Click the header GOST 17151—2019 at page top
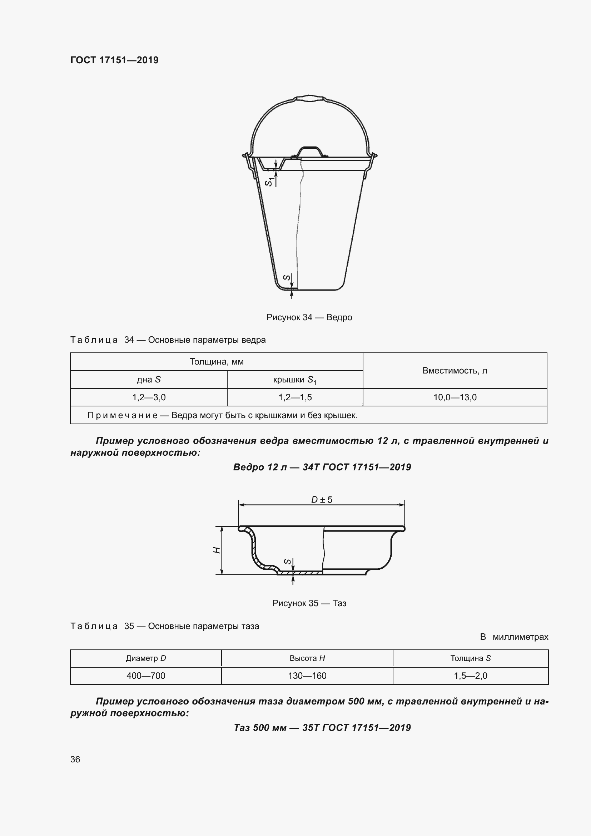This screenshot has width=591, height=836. pos(114,60)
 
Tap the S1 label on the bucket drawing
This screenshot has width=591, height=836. pos(269,181)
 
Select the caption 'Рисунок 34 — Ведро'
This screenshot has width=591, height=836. pos(309,317)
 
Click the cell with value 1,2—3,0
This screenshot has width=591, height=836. pos(149,397)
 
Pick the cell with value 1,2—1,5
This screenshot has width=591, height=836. pos(295,397)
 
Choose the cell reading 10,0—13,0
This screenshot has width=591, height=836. pos(455,397)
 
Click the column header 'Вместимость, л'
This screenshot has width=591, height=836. pos(455,371)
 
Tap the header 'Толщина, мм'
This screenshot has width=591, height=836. pos(217,362)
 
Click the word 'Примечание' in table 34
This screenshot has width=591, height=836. pos(122,415)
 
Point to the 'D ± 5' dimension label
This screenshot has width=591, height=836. pos(322,500)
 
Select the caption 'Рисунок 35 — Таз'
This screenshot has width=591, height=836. pos(309,603)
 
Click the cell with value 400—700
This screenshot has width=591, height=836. pos(145,676)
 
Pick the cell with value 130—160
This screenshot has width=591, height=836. pos(307,676)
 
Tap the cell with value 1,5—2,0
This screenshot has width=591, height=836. pos(470,676)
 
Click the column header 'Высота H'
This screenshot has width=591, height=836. pos(307,658)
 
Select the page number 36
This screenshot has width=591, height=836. pos(75,759)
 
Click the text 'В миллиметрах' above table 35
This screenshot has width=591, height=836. pos(514,637)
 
